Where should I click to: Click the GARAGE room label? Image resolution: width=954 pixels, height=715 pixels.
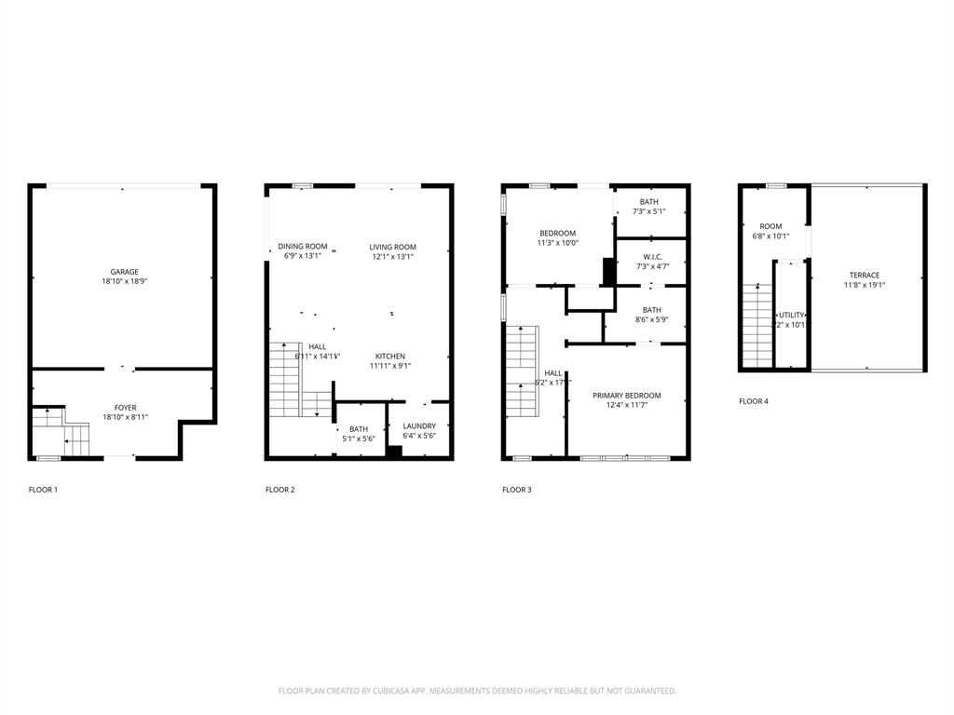125,272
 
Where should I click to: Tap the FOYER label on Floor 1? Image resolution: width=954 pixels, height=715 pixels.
125,407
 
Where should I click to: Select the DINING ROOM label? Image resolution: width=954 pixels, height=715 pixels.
303,247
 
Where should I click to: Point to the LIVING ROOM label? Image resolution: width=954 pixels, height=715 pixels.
392,247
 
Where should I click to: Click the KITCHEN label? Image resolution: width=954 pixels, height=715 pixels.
390,356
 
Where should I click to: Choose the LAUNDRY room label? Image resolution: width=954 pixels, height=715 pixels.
419,425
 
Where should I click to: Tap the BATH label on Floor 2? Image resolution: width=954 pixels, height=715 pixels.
359,428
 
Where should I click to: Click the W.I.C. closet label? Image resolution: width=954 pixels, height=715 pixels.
652,257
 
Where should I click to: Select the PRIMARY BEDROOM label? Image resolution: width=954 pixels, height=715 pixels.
627,396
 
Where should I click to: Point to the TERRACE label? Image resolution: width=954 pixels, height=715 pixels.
864,275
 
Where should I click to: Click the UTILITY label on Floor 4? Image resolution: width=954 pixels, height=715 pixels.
791,316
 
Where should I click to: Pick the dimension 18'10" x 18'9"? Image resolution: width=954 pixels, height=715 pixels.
125,281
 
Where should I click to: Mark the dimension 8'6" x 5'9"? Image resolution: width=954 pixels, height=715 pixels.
651,320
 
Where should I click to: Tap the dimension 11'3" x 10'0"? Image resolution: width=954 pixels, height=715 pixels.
557,243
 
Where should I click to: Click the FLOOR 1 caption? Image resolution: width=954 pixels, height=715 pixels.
43,490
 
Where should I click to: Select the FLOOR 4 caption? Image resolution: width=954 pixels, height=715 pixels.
754,401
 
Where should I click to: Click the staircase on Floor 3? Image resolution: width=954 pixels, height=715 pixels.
523,372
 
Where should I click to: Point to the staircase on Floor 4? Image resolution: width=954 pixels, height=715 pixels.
757,326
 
